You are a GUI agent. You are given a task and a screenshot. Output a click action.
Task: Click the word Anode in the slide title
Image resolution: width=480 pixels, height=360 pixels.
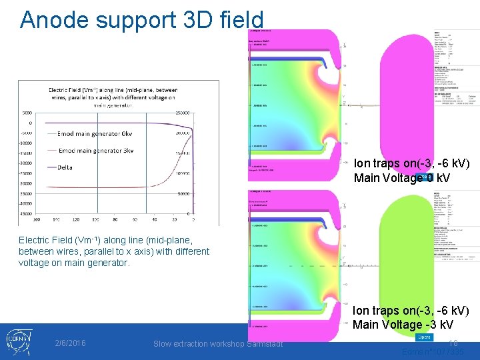(x=53, y=20)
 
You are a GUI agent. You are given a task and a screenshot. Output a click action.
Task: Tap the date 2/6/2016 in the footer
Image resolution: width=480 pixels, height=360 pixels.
(x=71, y=343)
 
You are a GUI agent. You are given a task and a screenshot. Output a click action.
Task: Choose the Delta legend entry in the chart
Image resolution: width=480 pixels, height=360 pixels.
(x=69, y=167)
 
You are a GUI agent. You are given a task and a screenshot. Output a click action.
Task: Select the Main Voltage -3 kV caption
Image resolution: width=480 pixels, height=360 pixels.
(x=403, y=325)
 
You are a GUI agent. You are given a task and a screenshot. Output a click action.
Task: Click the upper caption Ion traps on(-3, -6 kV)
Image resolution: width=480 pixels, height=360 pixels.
(x=411, y=163)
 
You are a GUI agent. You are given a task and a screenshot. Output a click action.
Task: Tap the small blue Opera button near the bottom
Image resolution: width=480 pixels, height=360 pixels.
(x=424, y=338)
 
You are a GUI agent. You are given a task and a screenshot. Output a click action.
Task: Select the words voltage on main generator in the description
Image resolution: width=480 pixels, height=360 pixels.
(x=69, y=263)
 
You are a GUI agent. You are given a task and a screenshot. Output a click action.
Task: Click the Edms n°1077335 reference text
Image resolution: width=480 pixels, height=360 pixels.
(x=433, y=352)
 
